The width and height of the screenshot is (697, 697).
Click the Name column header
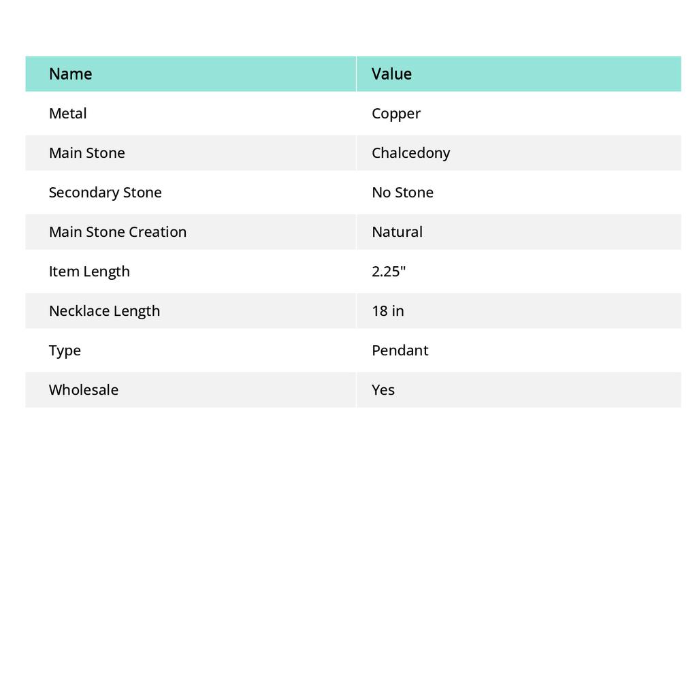[x=70, y=74]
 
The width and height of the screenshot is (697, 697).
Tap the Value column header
[x=391, y=74]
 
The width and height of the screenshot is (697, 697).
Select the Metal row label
[x=67, y=114]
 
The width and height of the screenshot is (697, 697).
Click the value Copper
[x=396, y=114]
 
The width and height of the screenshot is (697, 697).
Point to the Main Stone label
[x=86, y=153]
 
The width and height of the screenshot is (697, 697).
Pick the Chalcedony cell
[x=410, y=153]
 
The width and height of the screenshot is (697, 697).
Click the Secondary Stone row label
[x=105, y=193]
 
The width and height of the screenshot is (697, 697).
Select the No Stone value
[x=402, y=193]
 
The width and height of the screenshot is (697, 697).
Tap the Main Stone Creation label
[x=117, y=232]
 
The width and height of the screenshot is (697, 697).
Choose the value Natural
[x=397, y=232]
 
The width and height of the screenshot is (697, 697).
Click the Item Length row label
[x=89, y=272]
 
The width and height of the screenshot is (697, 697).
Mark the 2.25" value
[x=389, y=272]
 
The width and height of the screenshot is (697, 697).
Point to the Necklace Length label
[x=104, y=311]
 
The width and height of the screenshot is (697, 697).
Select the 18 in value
[x=387, y=311]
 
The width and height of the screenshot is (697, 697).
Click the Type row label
[x=65, y=351]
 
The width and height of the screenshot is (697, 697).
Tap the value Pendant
[x=400, y=351]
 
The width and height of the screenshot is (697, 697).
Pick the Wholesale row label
[x=83, y=390]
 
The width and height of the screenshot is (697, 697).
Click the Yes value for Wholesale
[x=383, y=390]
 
